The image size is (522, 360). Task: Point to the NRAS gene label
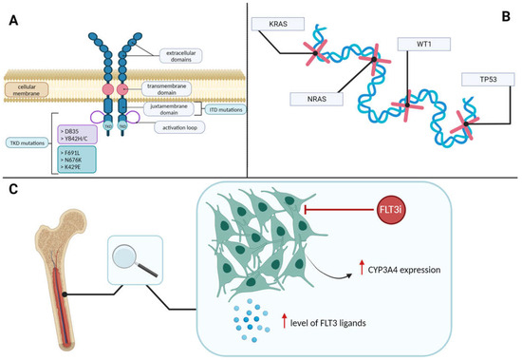point(312,100)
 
